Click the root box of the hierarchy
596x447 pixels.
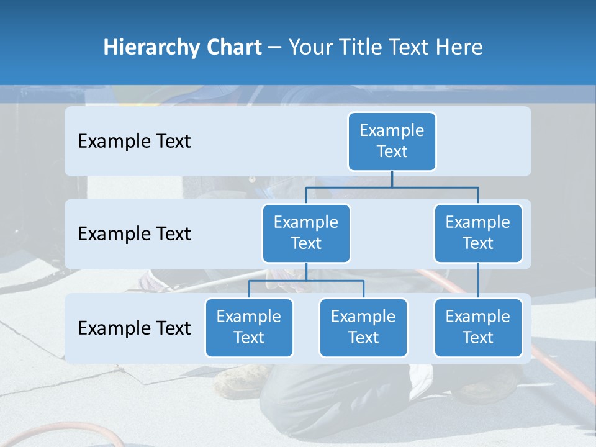pos(392,141)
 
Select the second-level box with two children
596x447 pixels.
pos(306,233)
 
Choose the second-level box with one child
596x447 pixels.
pos(478,233)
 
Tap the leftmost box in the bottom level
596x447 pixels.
pos(249,327)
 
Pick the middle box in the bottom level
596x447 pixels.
pos(363,327)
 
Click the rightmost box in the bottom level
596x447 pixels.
pos(478,327)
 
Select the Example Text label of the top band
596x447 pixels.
pos(134,141)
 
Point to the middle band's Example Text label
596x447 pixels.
pos(134,233)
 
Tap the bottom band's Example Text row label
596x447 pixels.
pos(134,328)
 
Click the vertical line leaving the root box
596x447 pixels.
pos(392,179)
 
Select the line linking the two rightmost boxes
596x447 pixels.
pos(478,280)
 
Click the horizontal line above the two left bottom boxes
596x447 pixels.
pos(306,281)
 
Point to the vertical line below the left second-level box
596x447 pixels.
pos(306,271)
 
